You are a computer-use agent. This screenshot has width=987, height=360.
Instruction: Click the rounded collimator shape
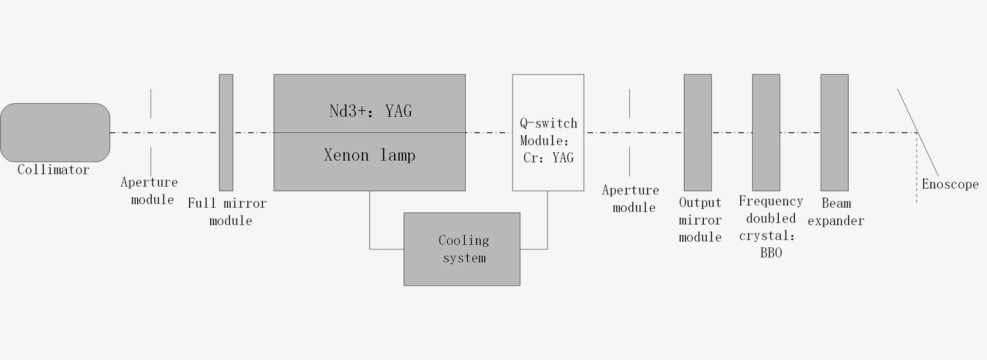pyautogui.click(x=55, y=132)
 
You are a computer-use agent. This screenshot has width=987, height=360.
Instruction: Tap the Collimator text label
pyautogui.click(x=53, y=170)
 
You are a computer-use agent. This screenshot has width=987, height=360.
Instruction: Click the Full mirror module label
pyautogui.click(x=227, y=211)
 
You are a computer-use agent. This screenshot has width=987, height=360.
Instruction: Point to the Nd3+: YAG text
pyautogui.click(x=370, y=111)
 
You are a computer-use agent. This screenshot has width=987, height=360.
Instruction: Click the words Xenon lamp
pyautogui.click(x=369, y=155)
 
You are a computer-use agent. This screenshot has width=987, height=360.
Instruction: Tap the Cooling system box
pyautogui.click(x=462, y=249)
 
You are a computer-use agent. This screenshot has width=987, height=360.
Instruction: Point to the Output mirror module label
pyautogui.click(x=700, y=220)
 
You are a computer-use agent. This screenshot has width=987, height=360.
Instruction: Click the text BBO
pyautogui.click(x=771, y=253)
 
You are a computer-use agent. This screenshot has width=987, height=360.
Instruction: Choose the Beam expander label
pyautogui.click(x=836, y=212)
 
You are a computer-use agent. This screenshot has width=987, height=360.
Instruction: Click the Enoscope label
pyautogui.click(x=950, y=184)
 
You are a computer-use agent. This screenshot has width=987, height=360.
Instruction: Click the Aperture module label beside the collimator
pyautogui.click(x=150, y=191)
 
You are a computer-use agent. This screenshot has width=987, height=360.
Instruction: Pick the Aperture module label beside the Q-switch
pyautogui.click(x=631, y=199)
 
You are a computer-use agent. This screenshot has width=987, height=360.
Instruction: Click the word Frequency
pyautogui.click(x=771, y=201)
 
